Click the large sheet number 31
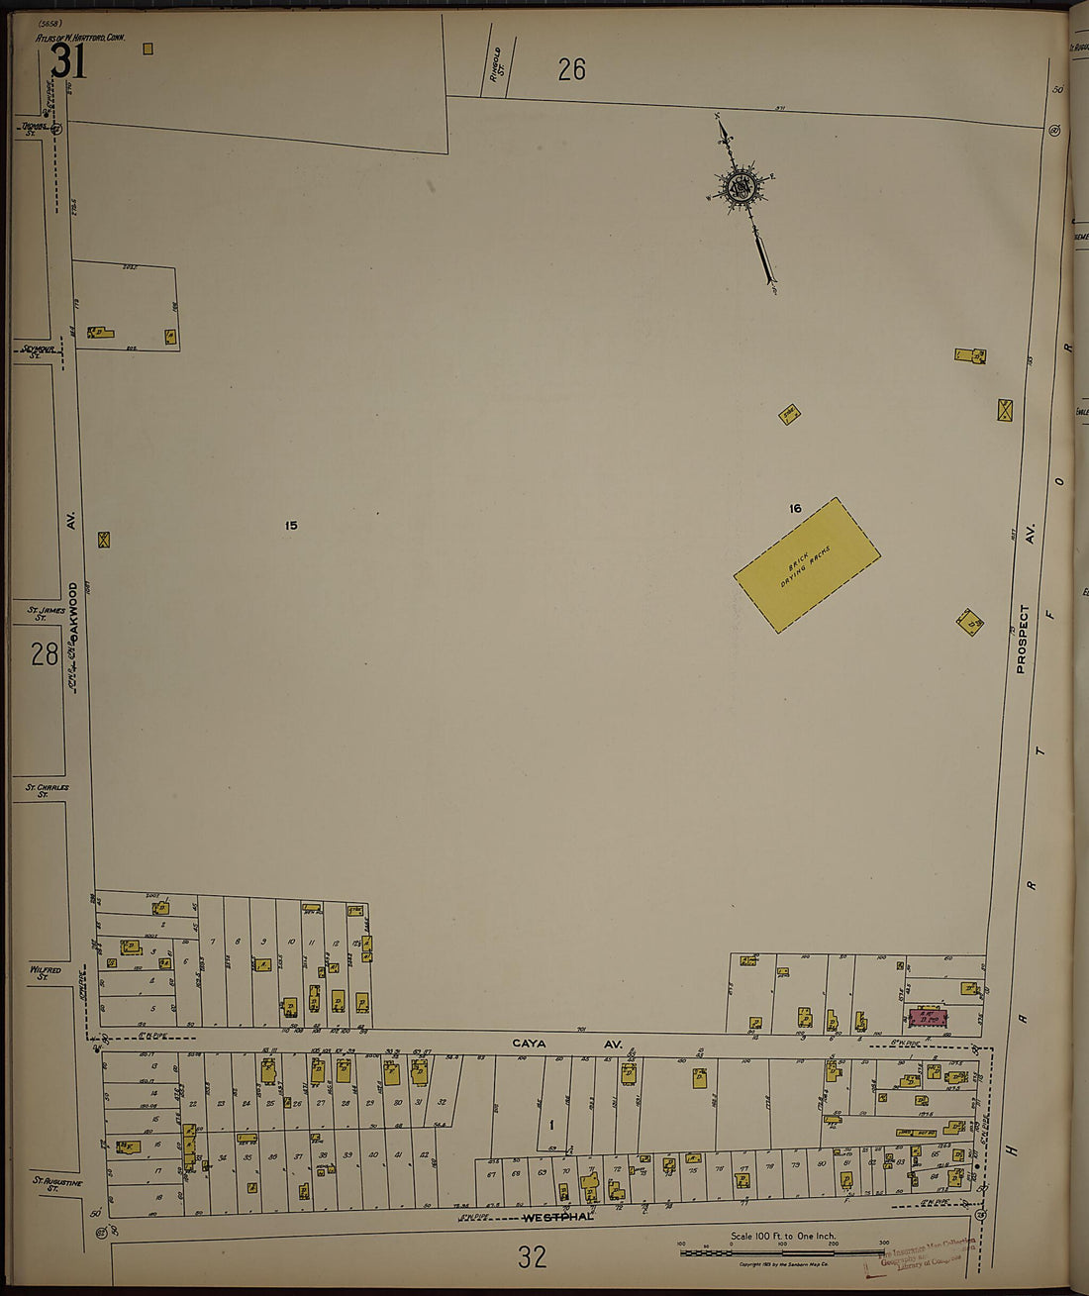[68, 62]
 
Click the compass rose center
[740, 186]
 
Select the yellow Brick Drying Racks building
[807, 564]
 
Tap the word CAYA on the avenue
[529, 1044]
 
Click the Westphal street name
[557, 1217]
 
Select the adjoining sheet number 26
[571, 69]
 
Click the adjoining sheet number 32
[532, 1257]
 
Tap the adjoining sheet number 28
[44, 654]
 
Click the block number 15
[291, 526]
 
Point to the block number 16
[795, 509]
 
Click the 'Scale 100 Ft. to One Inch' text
[782, 1236]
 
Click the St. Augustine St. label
[57, 1184]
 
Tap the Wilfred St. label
[45, 974]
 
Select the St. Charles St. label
[48, 790]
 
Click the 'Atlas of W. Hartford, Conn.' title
[79, 37]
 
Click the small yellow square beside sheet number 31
[148, 48]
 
